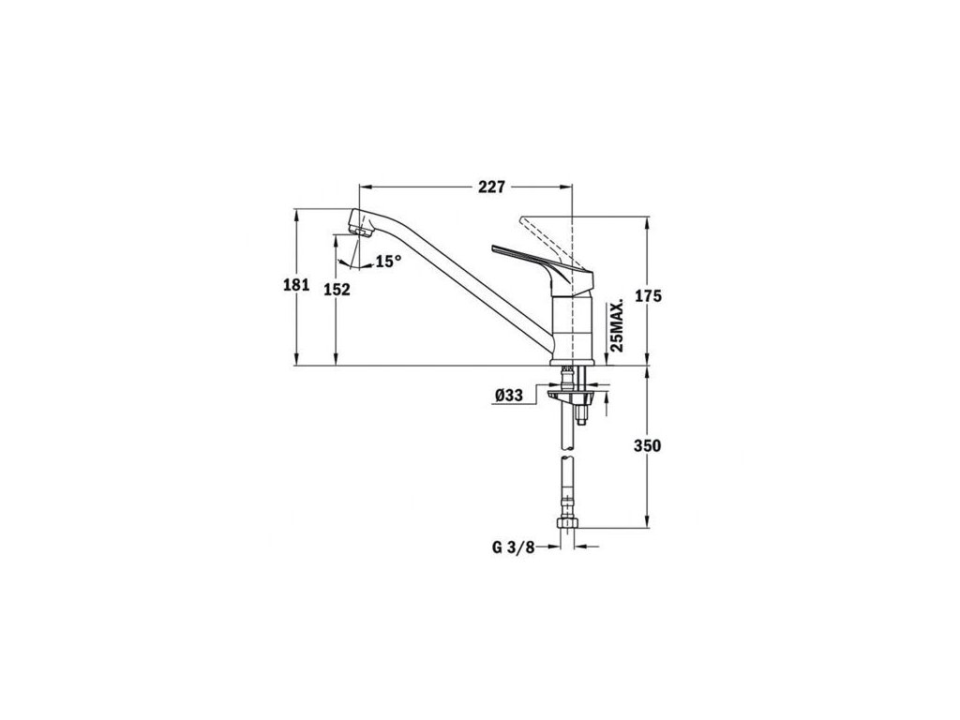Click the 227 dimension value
coord(491,187)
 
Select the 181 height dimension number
coord(296,285)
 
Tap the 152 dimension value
coord(337,290)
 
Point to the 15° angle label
coord(389,262)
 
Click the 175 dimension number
coord(648,296)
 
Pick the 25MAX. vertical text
coord(617,325)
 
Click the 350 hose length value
coord(648,445)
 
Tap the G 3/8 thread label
coord(513,547)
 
